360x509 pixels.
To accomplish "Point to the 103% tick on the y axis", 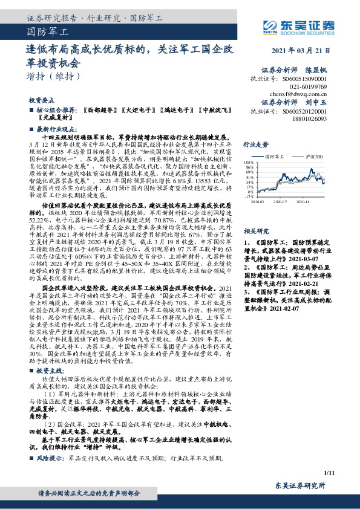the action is coord(249,162).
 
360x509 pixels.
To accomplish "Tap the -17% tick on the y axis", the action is coord(249,196).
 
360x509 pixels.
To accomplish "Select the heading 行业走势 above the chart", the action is coord(255,145).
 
